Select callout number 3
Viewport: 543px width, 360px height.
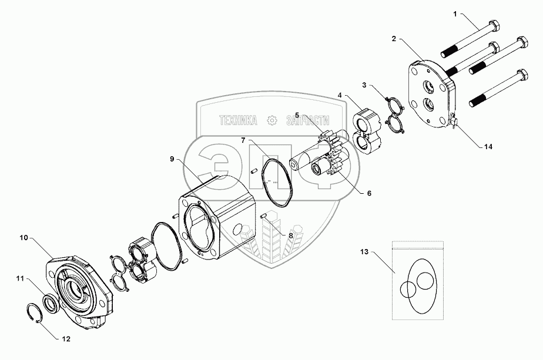[366, 86]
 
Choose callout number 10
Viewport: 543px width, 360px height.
[24, 238]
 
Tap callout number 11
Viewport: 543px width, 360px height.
[20, 280]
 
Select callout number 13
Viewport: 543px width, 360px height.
[364, 253]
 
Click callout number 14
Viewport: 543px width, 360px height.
[487, 148]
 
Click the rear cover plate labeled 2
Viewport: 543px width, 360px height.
[426, 97]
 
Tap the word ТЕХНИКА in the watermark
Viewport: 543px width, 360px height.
[237, 120]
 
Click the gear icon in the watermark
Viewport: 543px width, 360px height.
[271, 120]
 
